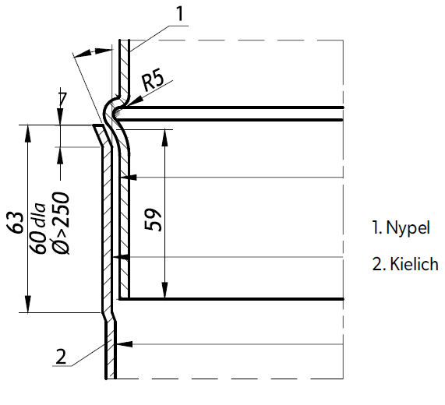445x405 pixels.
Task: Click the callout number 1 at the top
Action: pyautogui.click(x=180, y=13)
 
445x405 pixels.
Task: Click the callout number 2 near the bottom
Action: pyautogui.click(x=61, y=357)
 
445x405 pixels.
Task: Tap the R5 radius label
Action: pyautogui.click(x=154, y=81)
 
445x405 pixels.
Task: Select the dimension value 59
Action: pyautogui.click(x=154, y=220)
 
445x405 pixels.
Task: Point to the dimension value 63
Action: pyautogui.click(x=16, y=223)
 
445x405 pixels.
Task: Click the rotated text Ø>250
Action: pyautogui.click(x=61, y=224)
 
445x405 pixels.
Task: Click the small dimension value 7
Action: pyautogui.click(x=62, y=98)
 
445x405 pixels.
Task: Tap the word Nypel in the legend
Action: pyautogui.click(x=408, y=227)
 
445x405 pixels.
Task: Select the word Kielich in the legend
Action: pyautogui.click(x=414, y=264)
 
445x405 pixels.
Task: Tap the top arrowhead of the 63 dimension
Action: pyautogui.click(x=27, y=133)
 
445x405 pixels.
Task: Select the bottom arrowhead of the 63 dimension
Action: pyautogui.click(x=27, y=305)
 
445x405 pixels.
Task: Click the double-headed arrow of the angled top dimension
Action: pyautogui.click(x=93, y=52)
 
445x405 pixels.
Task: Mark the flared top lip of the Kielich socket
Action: pyautogui.click(x=103, y=136)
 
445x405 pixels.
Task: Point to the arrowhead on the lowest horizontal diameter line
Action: pyautogui.click(x=125, y=344)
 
